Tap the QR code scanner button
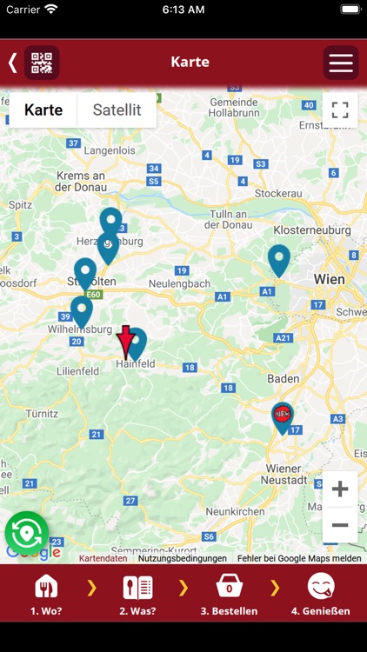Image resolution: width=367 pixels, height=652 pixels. point(42,63)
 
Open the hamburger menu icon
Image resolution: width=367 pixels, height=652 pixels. point(340,63)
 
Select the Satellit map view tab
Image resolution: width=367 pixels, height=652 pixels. point(117,110)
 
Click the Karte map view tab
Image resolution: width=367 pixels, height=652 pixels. point(43,110)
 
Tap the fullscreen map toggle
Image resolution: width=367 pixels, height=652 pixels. point(340,110)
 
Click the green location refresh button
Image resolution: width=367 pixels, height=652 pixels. point(26,532)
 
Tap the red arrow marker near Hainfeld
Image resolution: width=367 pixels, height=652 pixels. point(125,342)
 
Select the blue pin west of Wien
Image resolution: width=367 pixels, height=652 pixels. point(278,259)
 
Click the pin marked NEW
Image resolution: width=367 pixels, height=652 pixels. point(282,416)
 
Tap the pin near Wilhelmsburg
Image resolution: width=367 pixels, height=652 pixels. point(81,310)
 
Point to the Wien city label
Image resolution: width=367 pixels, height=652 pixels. point(329,280)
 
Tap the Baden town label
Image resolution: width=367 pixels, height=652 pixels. point(283,379)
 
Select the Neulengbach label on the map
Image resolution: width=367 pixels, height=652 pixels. point(180,284)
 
